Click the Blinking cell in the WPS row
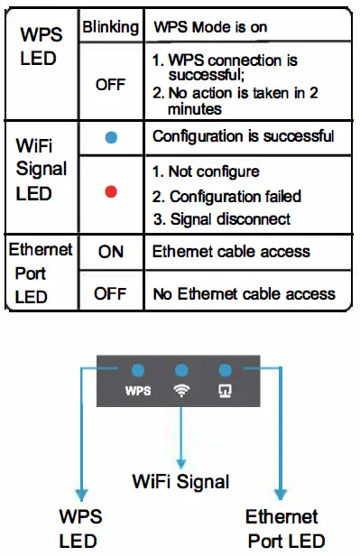[111, 27]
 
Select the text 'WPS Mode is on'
[209, 27]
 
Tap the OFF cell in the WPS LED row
[110, 85]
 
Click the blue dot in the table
[111, 138]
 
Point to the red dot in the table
[111, 191]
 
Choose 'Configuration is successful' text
[244, 137]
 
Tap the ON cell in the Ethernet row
[110, 253]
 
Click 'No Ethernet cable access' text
[244, 292]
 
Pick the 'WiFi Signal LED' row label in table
[37, 169]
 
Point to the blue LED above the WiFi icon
[181, 370]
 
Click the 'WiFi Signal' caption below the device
[181, 482]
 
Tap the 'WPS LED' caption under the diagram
[80, 528]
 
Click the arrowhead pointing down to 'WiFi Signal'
[181, 458]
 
